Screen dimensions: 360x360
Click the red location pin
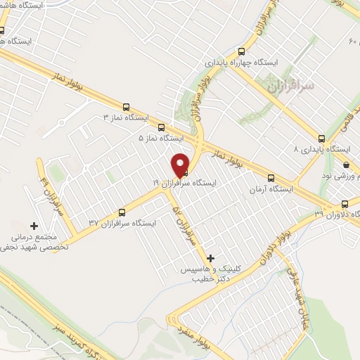click(181, 165)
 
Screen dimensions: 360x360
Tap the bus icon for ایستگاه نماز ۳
click(126, 108)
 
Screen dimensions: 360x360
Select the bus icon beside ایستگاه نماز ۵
click(162, 128)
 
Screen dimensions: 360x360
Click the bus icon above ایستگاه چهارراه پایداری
click(242, 51)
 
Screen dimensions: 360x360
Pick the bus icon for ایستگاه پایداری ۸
click(322, 138)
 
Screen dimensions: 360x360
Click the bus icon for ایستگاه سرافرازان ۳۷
click(122, 212)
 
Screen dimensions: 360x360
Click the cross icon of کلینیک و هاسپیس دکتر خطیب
click(210, 258)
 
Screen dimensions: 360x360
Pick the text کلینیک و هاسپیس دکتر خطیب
click(214, 274)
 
